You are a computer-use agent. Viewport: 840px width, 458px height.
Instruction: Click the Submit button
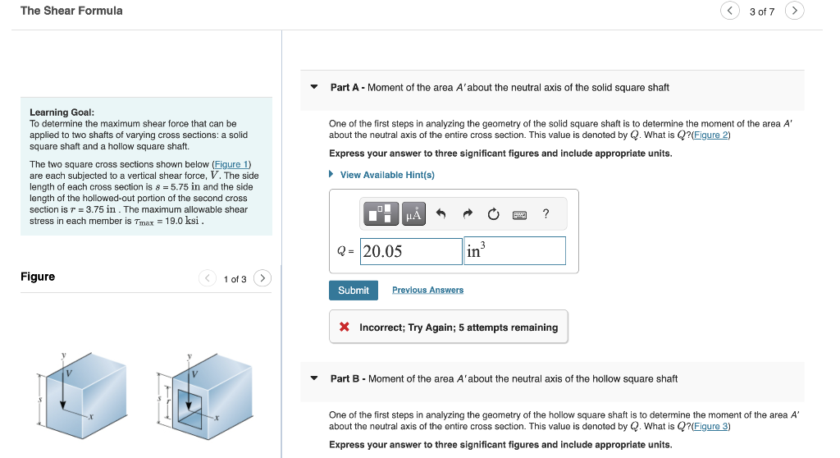pos(354,291)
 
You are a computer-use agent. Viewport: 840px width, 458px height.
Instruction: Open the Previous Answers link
pos(427,291)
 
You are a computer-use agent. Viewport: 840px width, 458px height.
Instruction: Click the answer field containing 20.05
pos(411,251)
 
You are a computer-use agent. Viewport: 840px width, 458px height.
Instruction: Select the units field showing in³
pos(515,251)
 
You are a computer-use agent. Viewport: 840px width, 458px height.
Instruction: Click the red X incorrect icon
pos(345,327)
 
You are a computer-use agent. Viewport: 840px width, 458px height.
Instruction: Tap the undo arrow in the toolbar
pos(441,214)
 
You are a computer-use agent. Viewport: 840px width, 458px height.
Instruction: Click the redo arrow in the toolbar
pos(468,214)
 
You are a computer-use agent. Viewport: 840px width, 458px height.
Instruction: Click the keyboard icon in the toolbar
pos(519,214)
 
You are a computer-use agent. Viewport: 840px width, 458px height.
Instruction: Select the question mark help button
pos(546,214)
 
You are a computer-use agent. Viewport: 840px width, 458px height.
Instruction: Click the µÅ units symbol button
pos(413,214)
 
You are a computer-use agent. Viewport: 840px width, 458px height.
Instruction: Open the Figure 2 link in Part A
pos(710,135)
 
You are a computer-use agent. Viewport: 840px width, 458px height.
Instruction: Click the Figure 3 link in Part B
pos(710,426)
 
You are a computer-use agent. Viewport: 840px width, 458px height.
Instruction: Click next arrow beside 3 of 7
pos(794,11)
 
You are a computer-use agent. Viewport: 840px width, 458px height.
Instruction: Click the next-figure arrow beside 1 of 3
pos(262,278)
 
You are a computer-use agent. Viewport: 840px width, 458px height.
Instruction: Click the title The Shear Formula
pos(71,11)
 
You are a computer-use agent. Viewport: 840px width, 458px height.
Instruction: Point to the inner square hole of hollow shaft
pos(194,404)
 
